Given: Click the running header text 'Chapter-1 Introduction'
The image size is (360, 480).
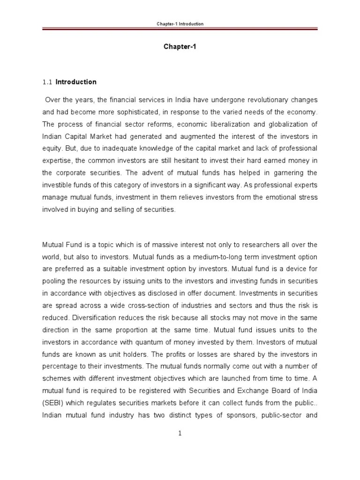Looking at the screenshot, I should tap(180, 23).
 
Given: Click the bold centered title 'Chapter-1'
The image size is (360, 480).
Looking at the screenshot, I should tap(180, 47).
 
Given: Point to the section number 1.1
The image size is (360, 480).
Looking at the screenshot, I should tap(47, 82).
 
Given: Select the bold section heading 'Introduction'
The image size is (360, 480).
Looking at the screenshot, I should tap(76, 82).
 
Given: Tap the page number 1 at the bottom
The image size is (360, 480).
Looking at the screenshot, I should tap(180, 434).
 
